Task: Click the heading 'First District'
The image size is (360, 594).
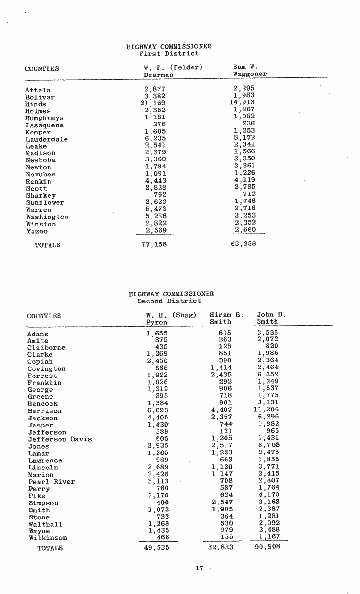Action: [169, 54]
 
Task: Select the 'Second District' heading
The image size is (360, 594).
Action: [169, 301]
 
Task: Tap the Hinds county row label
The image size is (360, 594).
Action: [36, 104]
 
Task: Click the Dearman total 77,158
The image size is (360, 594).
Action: [154, 244]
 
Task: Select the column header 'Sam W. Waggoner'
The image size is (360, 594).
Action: [250, 71]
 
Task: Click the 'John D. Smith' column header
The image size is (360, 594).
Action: [271, 318]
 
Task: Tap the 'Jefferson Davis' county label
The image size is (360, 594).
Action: [59, 439]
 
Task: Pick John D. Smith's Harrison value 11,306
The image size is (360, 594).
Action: [266, 410]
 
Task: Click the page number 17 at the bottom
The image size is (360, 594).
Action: [199, 568]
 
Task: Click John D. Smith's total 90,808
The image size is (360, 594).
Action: [268, 547]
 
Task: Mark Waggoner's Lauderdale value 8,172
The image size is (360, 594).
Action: [244, 138]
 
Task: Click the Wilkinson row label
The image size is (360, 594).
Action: [48, 538]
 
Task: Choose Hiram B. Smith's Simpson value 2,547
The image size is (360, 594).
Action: [221, 502]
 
